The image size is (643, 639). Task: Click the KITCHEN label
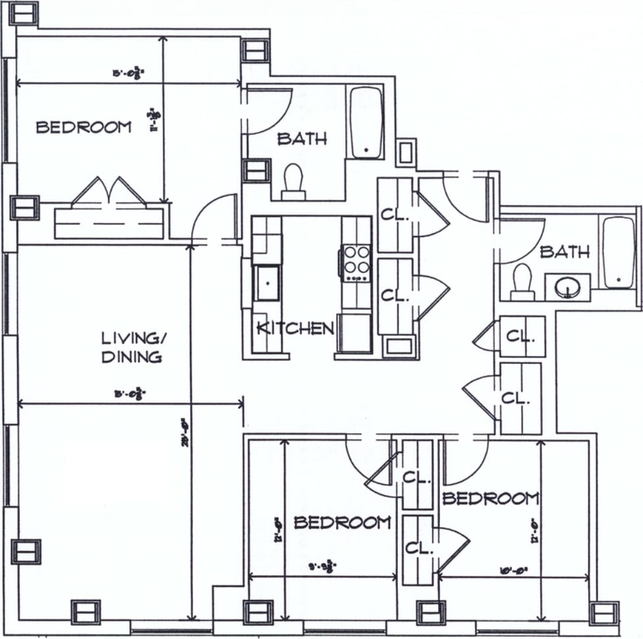[x=294, y=328]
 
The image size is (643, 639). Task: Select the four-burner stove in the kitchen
[x=356, y=262]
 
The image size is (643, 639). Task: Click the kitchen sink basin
[x=267, y=283]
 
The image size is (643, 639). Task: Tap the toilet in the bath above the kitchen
[x=293, y=181]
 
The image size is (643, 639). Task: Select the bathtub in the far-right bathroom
[x=618, y=252]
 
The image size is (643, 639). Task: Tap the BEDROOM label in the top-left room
[x=84, y=127]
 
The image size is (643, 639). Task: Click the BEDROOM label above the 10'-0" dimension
[x=490, y=499]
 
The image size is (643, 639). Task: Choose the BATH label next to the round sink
[x=565, y=251]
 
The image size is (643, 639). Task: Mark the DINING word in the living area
[x=132, y=357]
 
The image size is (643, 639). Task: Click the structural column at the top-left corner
[x=23, y=12]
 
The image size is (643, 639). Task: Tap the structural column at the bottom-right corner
[x=603, y=613]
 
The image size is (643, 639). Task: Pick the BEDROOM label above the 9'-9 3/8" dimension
[x=342, y=523]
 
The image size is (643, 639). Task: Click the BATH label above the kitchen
[x=302, y=138]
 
